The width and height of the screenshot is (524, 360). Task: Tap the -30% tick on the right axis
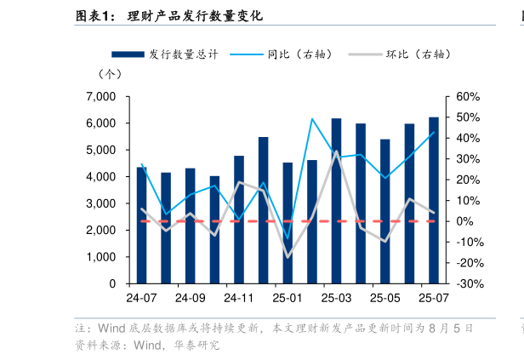468,283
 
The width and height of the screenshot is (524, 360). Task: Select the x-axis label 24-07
141,299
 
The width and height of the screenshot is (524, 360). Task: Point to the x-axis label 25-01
288,299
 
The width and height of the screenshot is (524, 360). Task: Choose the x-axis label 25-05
385,299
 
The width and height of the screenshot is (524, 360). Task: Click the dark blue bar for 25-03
337,201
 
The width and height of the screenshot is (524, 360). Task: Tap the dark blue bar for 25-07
434,200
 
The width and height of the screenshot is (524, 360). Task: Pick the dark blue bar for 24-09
190,226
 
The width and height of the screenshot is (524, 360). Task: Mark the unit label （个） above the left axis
111,77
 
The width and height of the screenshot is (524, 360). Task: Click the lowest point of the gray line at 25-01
288,257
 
